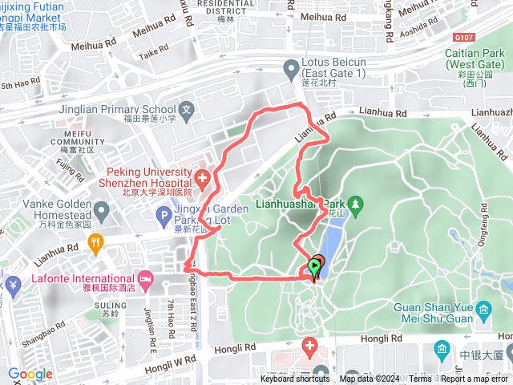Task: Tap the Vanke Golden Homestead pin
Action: (101, 213)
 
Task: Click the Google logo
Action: (30, 374)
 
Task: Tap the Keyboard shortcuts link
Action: (295, 379)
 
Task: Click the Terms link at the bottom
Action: (419, 379)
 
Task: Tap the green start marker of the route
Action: (313, 269)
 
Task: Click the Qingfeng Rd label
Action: (483, 234)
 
